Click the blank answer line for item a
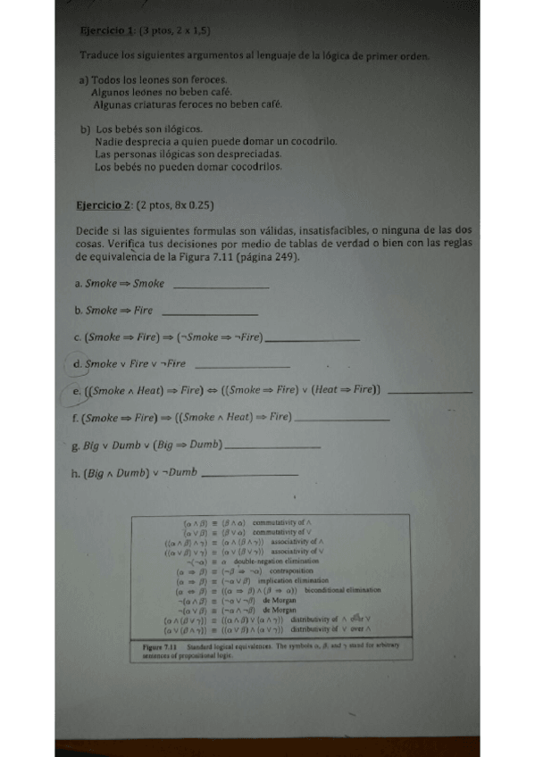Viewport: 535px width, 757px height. coord(219,287)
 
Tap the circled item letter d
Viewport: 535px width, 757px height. coord(78,364)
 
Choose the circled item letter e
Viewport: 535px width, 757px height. coord(78,390)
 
